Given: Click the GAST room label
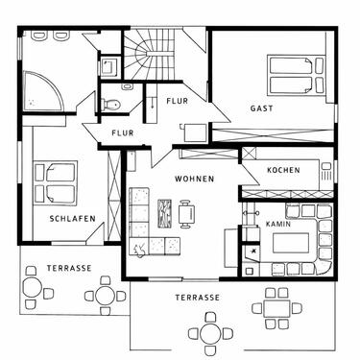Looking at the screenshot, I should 261,108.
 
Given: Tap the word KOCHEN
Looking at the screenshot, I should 283,170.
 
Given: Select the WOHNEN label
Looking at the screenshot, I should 194,179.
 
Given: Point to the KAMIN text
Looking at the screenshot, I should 278,223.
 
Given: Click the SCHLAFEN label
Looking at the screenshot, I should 71,219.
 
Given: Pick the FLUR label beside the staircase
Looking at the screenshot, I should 177,100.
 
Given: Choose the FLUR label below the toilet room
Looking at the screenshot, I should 122,132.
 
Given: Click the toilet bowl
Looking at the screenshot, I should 110,103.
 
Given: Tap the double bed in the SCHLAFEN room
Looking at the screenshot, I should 56,180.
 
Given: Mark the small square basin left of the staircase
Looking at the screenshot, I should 108,66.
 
